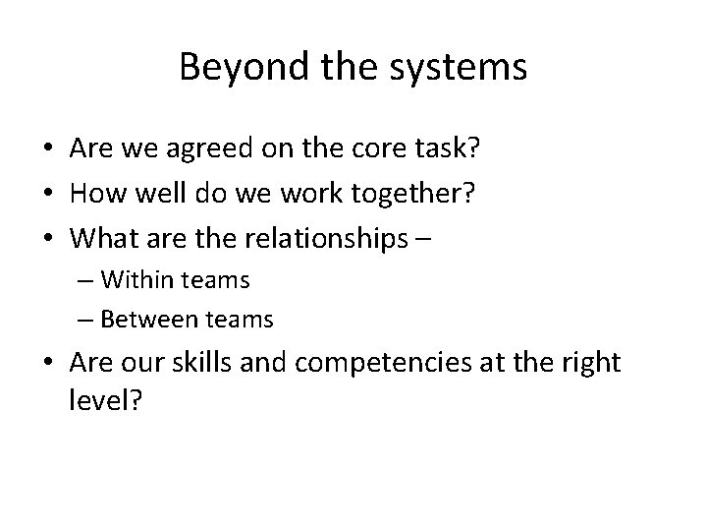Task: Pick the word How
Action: point(95,193)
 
